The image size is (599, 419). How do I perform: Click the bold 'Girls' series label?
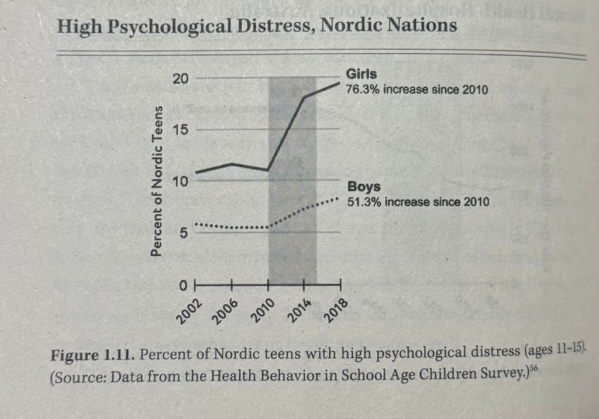point(362,74)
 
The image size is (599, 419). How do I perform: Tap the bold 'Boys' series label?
point(364,187)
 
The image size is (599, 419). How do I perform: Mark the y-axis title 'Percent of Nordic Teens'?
point(156,181)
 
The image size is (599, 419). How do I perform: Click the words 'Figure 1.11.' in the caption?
point(94,355)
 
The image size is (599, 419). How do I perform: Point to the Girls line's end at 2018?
point(340,84)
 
